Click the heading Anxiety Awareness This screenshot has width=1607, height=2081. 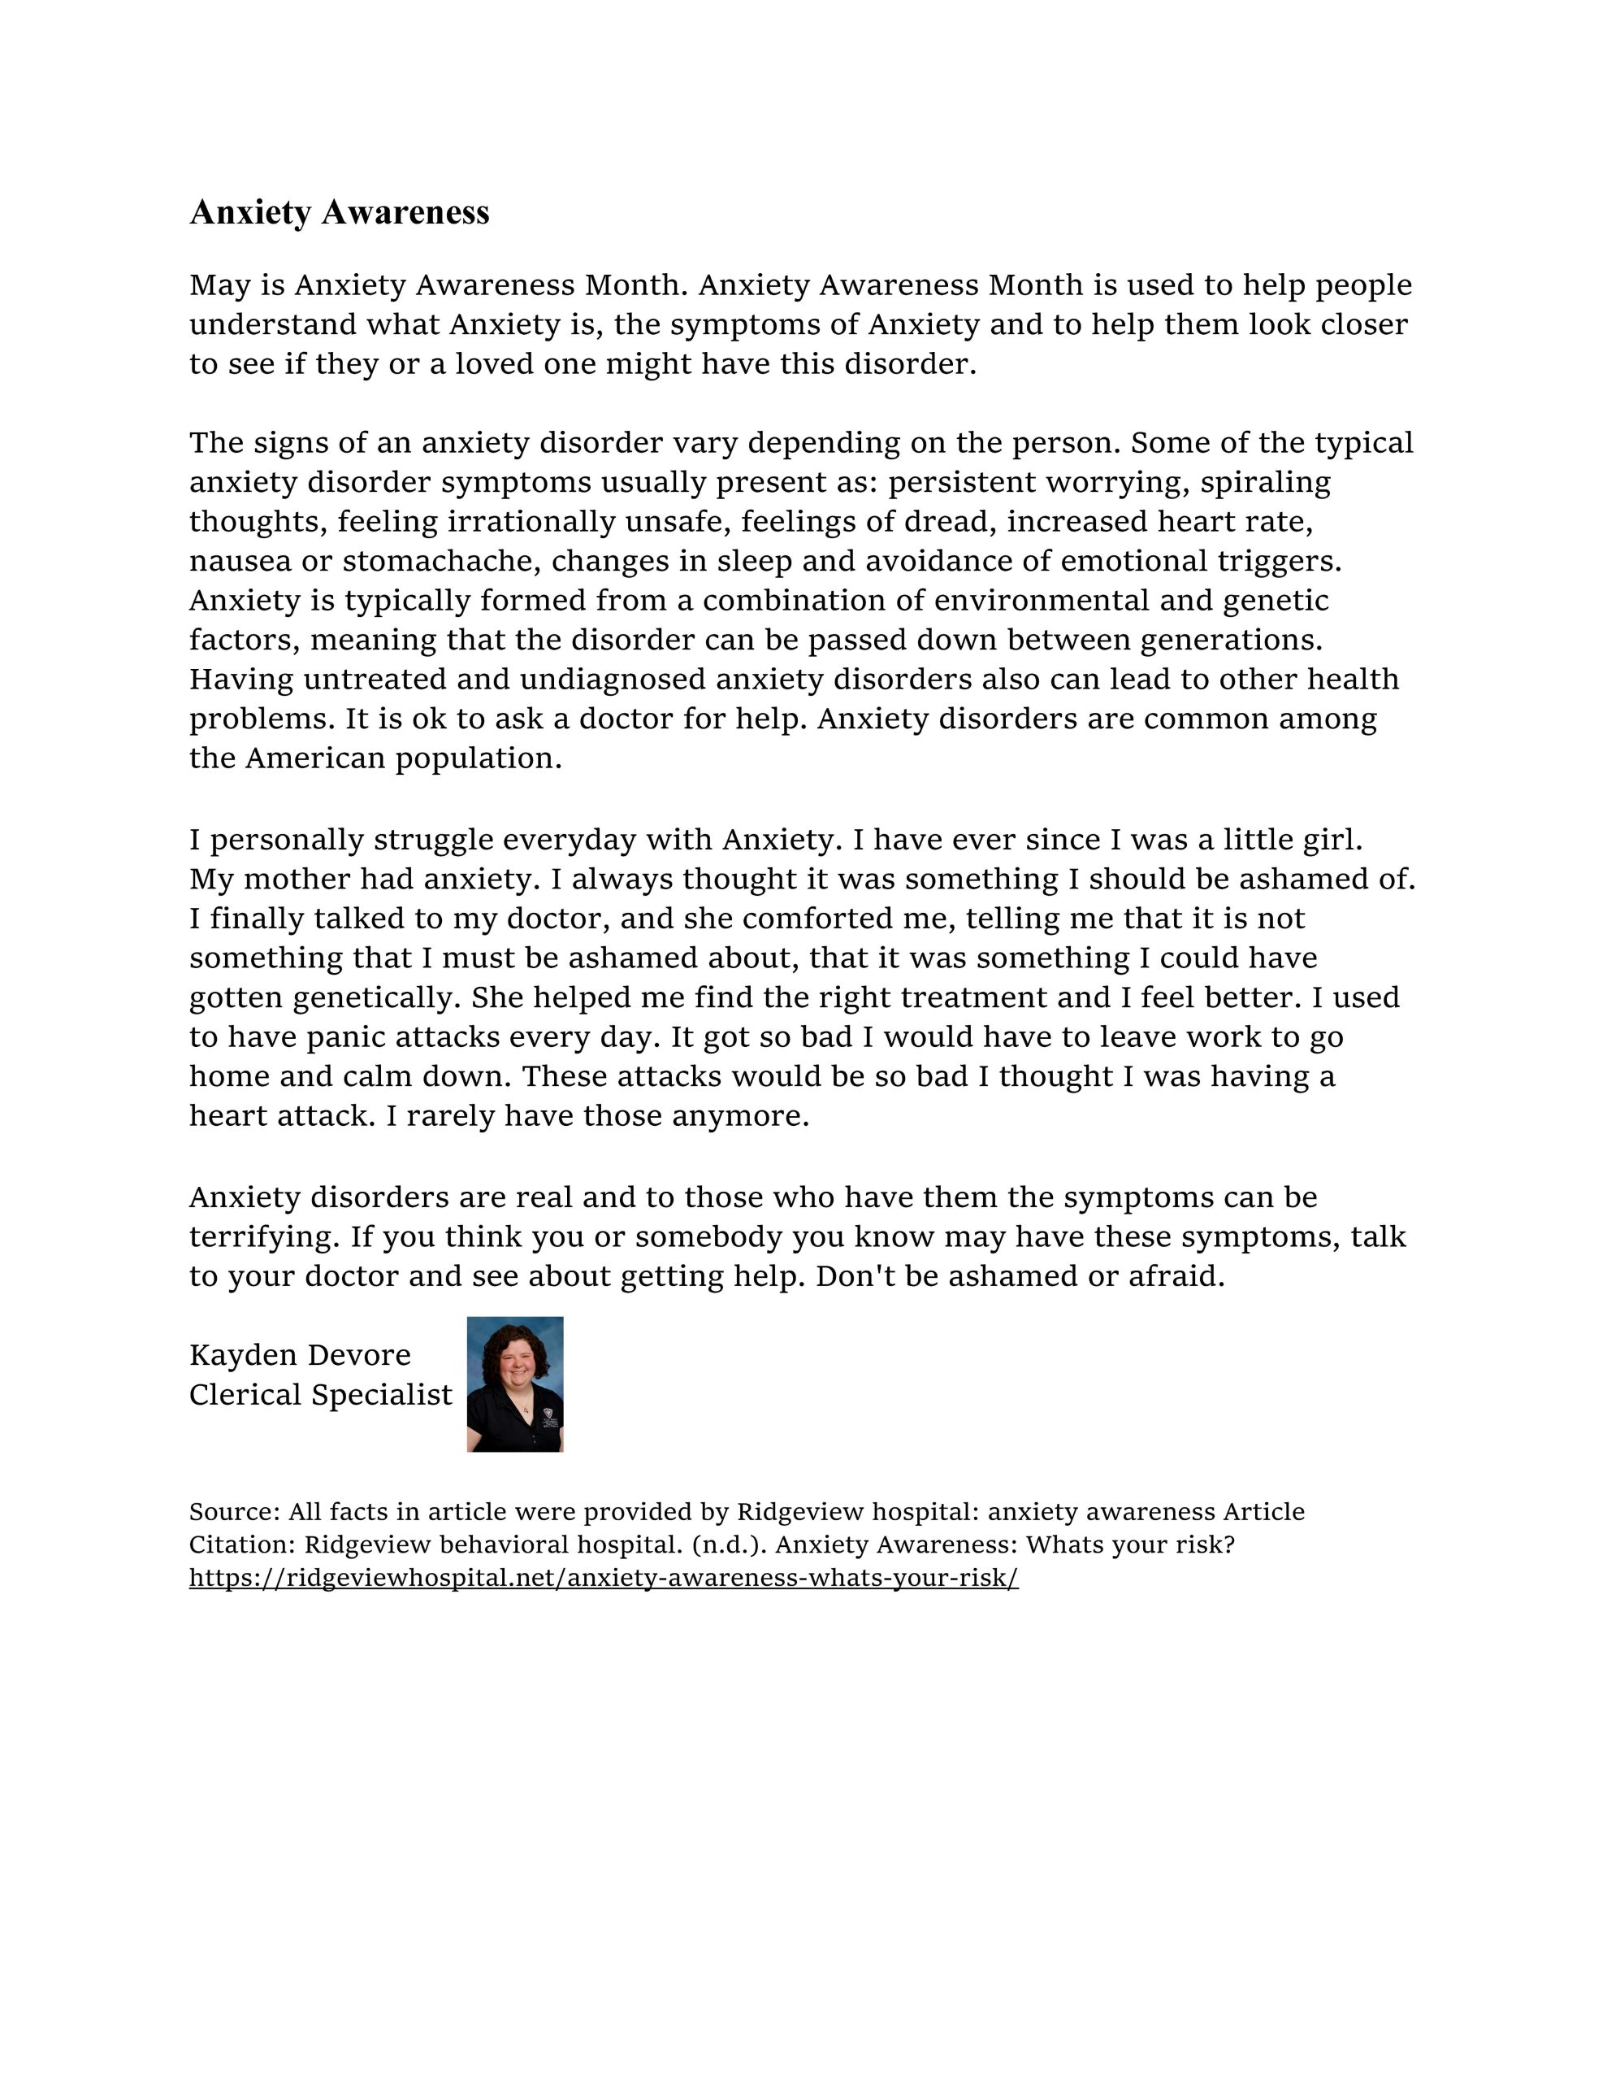[x=339, y=211]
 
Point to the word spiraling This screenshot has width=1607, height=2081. [x=1264, y=482]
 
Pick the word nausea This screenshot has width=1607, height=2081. [x=240, y=561]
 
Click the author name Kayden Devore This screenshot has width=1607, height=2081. [x=300, y=1355]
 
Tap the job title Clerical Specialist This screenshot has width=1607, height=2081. [x=320, y=1395]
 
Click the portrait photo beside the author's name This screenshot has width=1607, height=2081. [x=514, y=1384]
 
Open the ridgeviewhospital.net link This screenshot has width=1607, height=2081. [x=603, y=1578]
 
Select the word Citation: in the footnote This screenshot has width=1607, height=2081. [x=242, y=1544]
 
